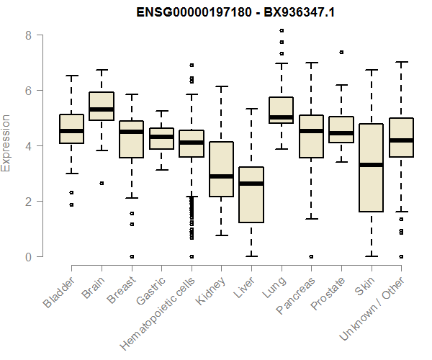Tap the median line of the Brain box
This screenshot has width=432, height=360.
click(102, 109)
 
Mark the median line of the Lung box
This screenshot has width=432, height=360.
click(281, 117)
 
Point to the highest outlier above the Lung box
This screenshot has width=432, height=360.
click(281, 30)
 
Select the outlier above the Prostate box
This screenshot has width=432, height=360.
click(341, 52)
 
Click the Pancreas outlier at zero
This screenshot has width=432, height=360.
click(310, 256)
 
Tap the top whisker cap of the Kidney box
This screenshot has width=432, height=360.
click(221, 86)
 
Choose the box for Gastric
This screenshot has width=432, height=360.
click(161, 138)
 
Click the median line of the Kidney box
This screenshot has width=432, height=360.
click(221, 176)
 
